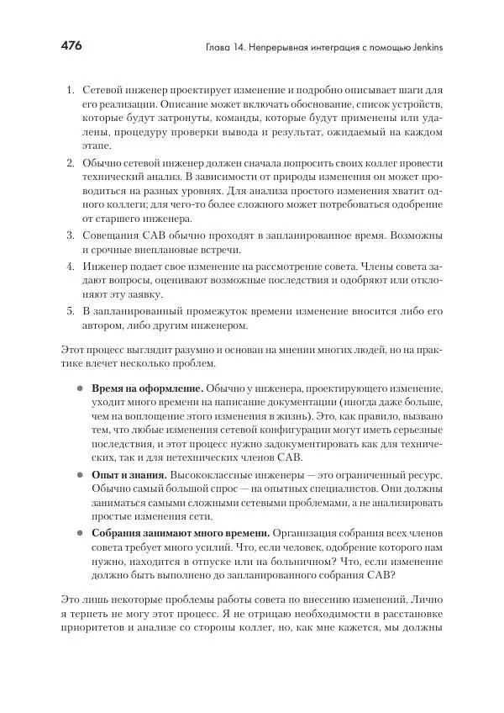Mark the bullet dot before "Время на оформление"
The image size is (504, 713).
coord(81,389)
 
